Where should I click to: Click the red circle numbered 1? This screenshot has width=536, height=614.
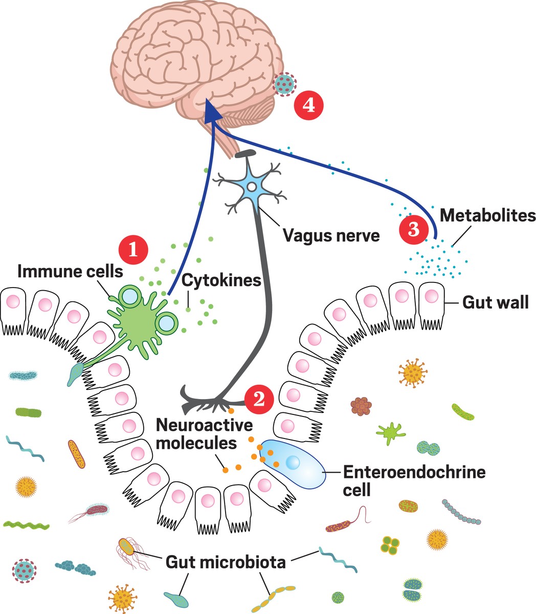[133, 250]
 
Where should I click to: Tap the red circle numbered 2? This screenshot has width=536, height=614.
[259, 399]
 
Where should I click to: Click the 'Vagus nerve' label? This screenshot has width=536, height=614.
[331, 236]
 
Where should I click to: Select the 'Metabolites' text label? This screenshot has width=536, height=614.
[487, 215]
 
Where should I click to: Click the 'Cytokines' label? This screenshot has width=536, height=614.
[221, 280]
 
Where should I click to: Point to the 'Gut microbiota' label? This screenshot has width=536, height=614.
[226, 563]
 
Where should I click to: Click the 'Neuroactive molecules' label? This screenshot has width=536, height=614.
[197, 434]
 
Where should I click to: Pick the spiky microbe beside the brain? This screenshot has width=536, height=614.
[284, 83]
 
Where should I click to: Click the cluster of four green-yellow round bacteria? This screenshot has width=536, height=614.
[390, 545]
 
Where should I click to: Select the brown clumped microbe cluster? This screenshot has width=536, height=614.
[361, 406]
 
